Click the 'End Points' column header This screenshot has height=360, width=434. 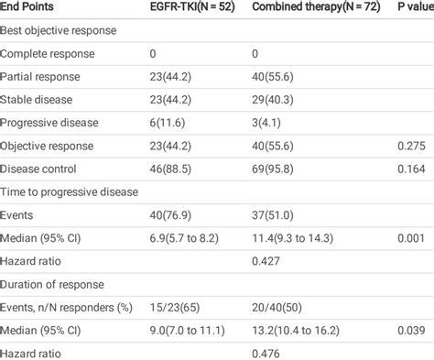[31, 8]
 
